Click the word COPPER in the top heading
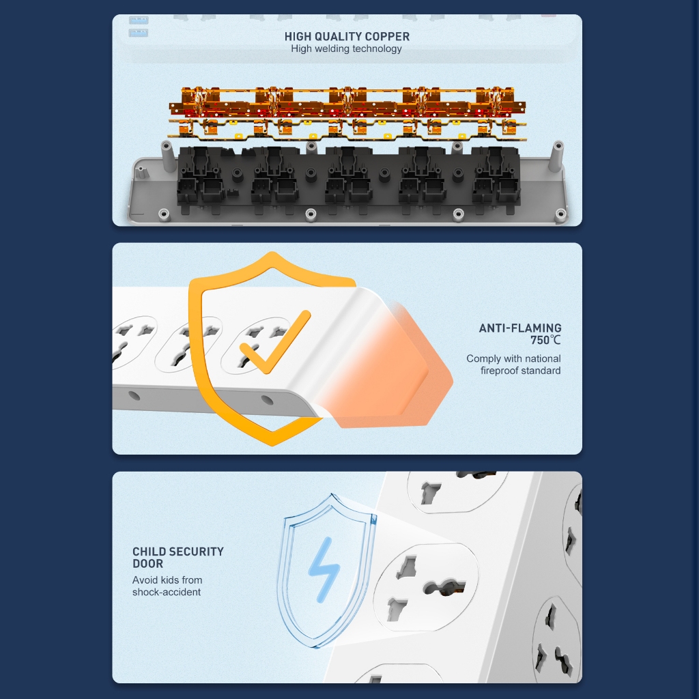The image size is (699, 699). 387,37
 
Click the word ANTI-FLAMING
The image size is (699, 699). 519,328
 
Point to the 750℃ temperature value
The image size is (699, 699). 545,340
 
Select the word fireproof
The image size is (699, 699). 499,371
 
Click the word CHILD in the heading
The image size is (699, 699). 149,552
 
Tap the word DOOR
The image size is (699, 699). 147,563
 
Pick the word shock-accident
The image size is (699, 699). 167,592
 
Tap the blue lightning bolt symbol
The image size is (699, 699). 324,570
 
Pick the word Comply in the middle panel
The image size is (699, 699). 481,359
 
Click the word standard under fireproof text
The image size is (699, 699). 541,371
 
